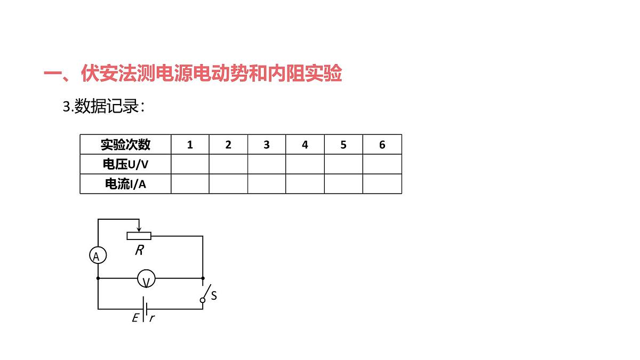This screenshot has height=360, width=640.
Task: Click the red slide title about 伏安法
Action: tap(193, 73)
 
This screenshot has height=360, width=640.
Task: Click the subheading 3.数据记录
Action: tap(103, 106)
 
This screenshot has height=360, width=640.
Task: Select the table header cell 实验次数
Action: tap(125, 145)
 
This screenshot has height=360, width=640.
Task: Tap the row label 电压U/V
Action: tap(125, 164)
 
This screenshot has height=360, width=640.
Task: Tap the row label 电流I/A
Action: tap(125, 184)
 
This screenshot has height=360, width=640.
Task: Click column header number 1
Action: tap(190, 145)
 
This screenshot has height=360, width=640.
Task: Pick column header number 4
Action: tap(305, 145)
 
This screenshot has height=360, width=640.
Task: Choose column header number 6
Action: tap(382, 145)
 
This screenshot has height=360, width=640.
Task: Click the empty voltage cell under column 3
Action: tap(267, 164)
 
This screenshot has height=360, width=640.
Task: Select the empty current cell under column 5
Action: tap(343, 184)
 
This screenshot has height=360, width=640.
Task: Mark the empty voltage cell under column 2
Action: tap(228, 164)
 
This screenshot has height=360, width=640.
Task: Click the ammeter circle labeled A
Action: tap(98, 255)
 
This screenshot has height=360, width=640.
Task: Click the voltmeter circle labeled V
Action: tap(146, 278)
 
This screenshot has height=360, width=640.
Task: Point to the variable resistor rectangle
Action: tap(139, 236)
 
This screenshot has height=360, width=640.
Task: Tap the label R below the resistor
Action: tap(139, 250)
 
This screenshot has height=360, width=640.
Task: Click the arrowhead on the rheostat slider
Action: tap(139, 229)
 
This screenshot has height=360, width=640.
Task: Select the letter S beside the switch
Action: tap(214, 295)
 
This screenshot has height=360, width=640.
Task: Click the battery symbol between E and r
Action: tap(145, 309)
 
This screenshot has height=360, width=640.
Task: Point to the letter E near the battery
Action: tap(135, 318)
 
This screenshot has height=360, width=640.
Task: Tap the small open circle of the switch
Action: tap(203, 300)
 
